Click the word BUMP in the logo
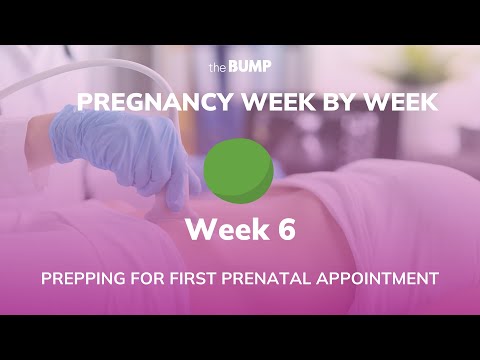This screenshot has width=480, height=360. pos(249,68)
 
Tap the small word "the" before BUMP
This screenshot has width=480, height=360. pos(218,69)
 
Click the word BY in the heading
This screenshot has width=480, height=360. pos(311,103)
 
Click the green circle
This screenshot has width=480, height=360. pos(238,168)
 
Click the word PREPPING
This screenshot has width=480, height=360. pos(87,278)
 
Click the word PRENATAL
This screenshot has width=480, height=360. pos(282,278)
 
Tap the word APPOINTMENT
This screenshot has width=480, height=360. pos(383,278)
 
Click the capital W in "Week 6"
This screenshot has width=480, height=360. pos(199,230)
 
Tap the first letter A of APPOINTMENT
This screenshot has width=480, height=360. pos(334,278)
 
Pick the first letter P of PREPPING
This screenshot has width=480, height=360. pos(47,278)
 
